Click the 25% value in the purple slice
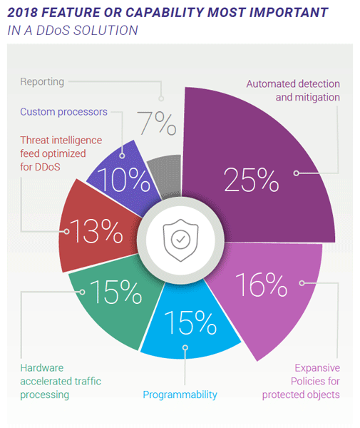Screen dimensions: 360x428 tap(251, 180)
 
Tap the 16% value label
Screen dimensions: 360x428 tap(262, 285)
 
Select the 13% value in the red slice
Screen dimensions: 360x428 tap(96, 231)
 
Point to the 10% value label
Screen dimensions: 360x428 tap(123, 180)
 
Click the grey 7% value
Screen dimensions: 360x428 tap(157, 123)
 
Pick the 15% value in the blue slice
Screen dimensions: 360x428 tap(190, 322)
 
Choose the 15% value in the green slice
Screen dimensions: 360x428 tap(116, 292)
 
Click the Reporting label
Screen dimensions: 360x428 tap(42, 82)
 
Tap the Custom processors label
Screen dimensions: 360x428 tap(64, 112)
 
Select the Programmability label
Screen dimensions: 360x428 tap(180, 394)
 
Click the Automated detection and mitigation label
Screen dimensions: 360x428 tap(293, 91)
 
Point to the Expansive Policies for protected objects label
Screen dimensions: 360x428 tap(301, 382)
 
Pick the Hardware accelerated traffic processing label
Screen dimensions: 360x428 tap(61, 382)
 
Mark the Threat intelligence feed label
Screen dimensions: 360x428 tap(61, 153)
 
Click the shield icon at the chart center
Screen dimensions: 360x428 tap(180, 240)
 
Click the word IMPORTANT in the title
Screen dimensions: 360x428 tap(289, 13)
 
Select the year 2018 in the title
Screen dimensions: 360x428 tap(23, 13)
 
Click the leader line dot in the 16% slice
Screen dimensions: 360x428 tap(302, 283)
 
